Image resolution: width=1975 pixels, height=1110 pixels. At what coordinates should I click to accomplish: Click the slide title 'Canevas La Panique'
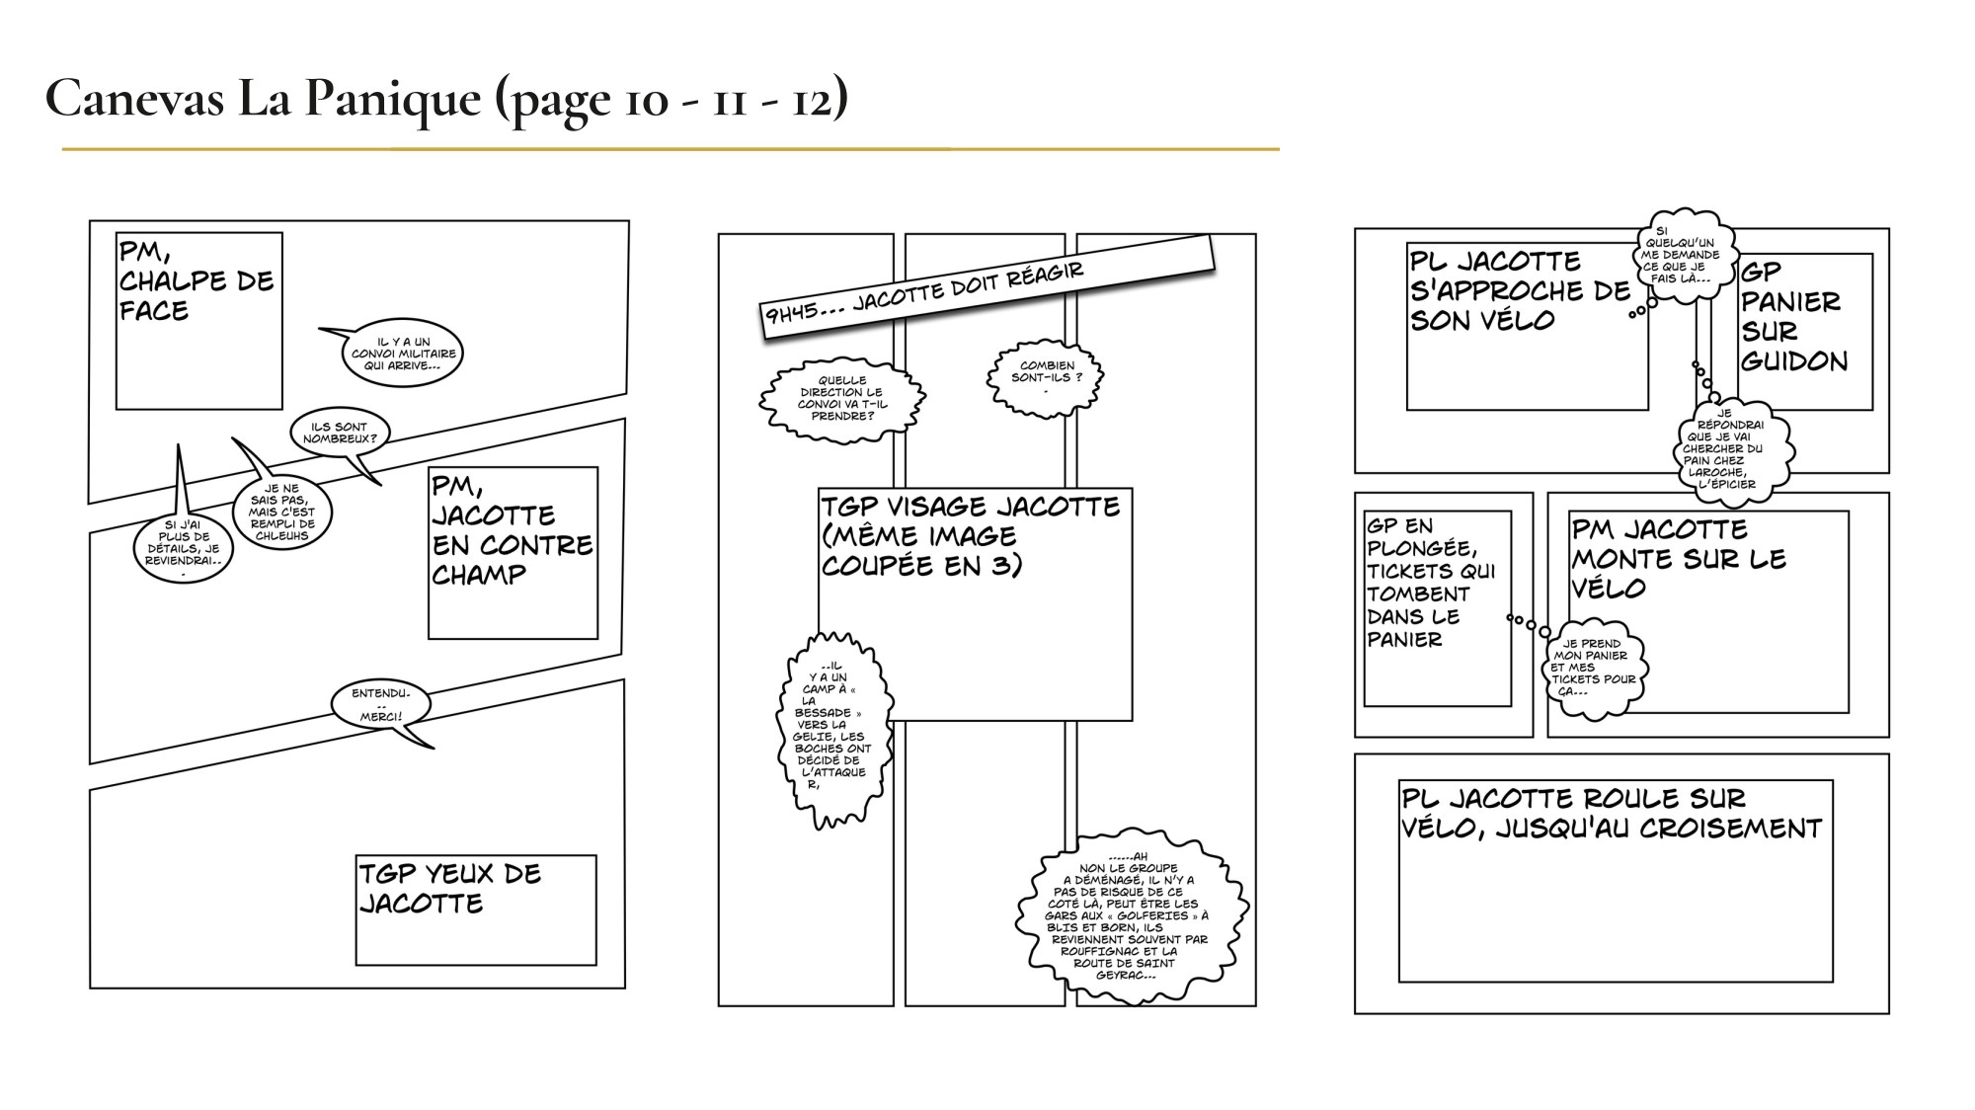tap(265, 98)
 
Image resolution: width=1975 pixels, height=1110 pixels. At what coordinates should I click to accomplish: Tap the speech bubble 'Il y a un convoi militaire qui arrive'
tap(402, 353)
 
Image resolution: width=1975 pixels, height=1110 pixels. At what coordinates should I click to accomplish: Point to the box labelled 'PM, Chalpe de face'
tap(199, 321)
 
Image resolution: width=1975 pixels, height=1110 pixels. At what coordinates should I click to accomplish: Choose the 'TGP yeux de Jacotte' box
tap(476, 910)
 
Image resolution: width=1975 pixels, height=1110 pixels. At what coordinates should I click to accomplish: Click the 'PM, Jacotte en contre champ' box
tap(513, 553)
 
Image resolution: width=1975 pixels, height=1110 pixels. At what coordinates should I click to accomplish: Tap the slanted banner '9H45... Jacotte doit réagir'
tap(987, 286)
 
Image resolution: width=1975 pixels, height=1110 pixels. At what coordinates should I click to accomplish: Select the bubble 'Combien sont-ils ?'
tap(1046, 377)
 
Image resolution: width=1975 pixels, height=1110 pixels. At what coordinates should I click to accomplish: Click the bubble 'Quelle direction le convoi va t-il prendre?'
tap(841, 398)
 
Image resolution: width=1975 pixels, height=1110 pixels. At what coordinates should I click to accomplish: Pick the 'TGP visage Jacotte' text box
tap(975, 604)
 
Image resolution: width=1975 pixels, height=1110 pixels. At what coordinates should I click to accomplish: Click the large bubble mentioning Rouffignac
tap(1131, 915)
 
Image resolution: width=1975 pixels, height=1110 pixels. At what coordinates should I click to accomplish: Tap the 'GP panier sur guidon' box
tap(1804, 332)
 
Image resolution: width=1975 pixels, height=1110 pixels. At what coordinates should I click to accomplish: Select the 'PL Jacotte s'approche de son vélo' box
tap(1528, 327)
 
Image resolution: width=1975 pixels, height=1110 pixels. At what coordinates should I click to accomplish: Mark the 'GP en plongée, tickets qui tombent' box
tap(1437, 608)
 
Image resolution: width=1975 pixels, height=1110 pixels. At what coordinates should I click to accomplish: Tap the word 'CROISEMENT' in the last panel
tap(1730, 828)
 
